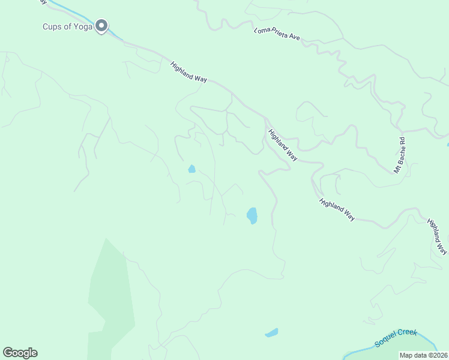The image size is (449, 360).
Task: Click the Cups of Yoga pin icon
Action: point(102,26)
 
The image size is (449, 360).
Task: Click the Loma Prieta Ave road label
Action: point(277,34)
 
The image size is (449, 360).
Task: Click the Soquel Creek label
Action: point(396,338)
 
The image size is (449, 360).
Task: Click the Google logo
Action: point(20,353)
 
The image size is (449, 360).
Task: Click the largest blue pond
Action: point(252,215)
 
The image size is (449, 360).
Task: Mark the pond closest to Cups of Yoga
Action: point(191,169)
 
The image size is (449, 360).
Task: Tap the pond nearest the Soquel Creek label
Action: point(271,332)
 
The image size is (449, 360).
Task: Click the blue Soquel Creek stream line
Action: point(360,350)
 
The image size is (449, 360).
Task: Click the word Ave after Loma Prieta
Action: point(294,38)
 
